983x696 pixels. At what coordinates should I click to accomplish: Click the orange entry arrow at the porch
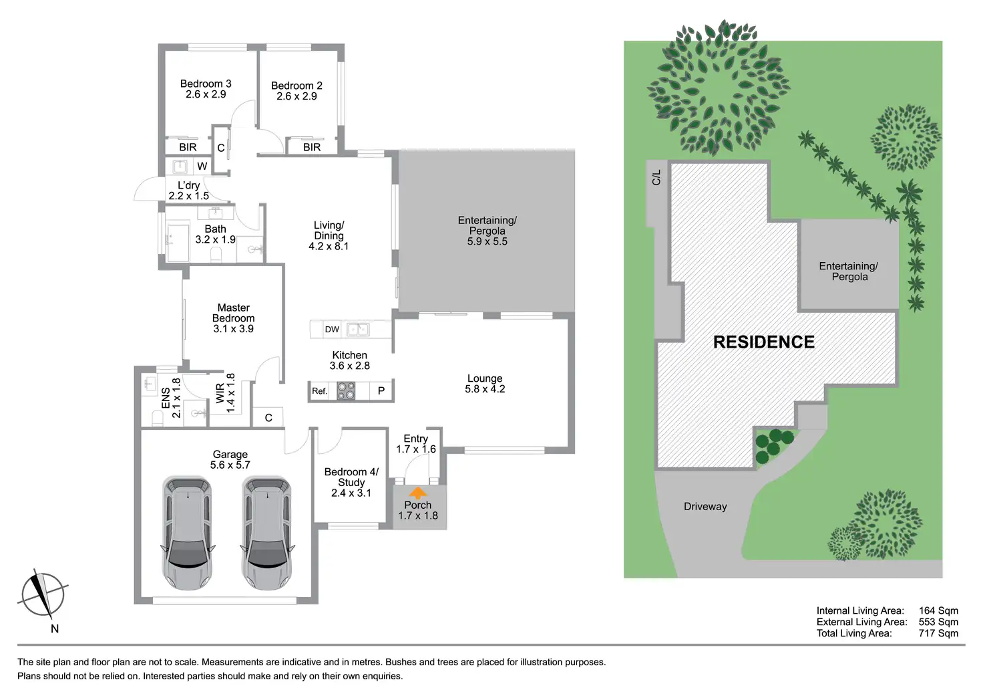click(x=418, y=493)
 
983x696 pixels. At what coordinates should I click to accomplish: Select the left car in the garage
click(x=188, y=533)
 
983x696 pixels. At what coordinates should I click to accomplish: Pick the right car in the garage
click(x=267, y=533)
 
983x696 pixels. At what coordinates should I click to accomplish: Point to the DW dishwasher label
click(x=332, y=329)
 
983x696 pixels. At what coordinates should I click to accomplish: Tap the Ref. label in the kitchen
click(x=320, y=391)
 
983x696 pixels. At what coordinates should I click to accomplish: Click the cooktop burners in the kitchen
click(x=346, y=390)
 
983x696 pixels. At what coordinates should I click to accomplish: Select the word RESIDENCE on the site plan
click(x=763, y=342)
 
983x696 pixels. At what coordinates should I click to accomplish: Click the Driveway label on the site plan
click(x=705, y=507)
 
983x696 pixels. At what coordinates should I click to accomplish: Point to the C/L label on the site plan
click(x=656, y=177)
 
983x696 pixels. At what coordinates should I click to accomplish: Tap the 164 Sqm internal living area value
click(x=938, y=610)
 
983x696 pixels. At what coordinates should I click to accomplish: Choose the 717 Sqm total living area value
click(x=938, y=633)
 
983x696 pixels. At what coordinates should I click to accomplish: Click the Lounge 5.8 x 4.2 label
click(x=485, y=384)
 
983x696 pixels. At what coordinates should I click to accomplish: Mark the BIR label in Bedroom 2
click(x=312, y=147)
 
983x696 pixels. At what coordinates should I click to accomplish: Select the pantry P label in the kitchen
click(x=381, y=391)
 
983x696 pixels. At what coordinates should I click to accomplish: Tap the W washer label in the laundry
click(x=202, y=166)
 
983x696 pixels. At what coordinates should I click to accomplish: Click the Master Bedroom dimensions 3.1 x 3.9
click(x=233, y=329)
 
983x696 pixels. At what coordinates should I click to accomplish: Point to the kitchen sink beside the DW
click(x=358, y=329)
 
